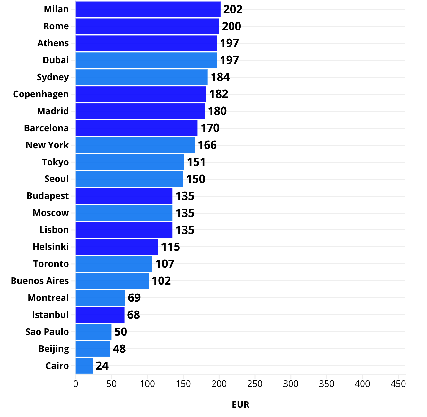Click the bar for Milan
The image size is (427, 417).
click(148, 9)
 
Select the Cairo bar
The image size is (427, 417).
click(84, 366)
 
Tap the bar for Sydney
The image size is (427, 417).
click(142, 77)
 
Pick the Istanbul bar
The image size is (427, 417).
click(100, 315)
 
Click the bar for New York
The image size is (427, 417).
click(135, 145)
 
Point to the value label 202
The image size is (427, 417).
click(233, 9)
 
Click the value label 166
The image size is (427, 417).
click(207, 145)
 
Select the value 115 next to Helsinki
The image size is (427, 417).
click(170, 247)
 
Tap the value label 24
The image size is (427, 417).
click(102, 366)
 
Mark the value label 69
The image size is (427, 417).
click(134, 298)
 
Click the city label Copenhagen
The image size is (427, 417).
click(41, 94)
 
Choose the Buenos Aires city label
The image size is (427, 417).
click(40, 281)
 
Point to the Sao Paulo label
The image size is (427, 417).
click(47, 332)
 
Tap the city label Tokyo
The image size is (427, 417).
click(55, 162)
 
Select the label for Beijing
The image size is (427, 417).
click(54, 349)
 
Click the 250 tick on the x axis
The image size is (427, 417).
click(255, 384)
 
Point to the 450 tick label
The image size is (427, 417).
click(398, 384)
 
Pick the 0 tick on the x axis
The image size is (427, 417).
click(76, 384)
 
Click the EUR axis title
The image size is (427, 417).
click(240, 404)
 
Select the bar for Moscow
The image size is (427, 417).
click(124, 213)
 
